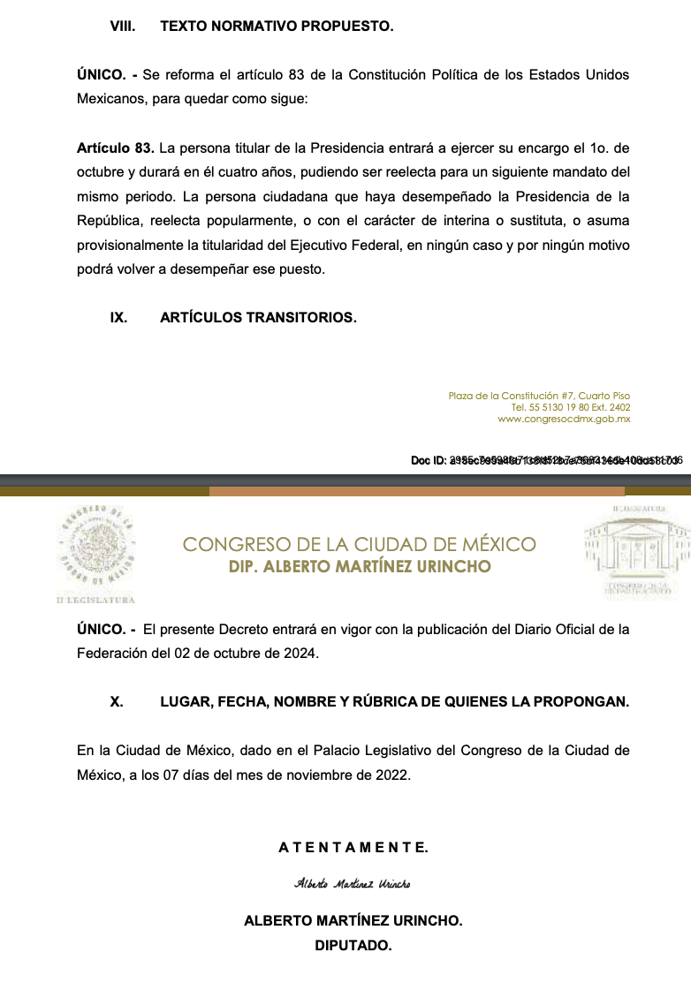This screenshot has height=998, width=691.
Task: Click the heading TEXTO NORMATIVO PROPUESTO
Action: (277, 26)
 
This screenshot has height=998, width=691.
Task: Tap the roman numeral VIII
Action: (121, 26)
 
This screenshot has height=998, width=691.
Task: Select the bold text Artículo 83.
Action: (115, 147)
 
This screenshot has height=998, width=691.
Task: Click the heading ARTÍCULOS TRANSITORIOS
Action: (258, 317)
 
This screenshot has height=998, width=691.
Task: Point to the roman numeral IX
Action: (118, 317)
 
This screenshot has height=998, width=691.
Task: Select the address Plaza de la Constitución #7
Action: (539, 396)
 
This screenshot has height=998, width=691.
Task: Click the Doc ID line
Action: (546, 460)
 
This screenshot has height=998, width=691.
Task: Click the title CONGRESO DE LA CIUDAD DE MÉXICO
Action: (359, 544)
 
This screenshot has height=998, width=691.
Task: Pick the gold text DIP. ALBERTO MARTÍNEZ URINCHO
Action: (359, 566)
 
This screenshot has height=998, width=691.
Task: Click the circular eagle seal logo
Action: (95, 548)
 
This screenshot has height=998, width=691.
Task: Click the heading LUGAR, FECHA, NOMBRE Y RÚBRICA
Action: (394, 702)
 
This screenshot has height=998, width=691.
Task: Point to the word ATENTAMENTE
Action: (353, 848)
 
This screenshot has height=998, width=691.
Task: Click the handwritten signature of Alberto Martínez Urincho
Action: (353, 884)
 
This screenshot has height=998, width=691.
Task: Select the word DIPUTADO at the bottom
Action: (353, 945)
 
